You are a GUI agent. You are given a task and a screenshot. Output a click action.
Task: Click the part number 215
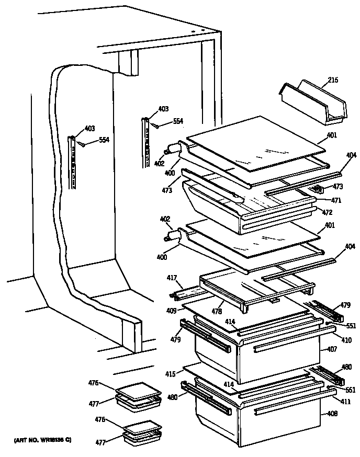[x=333, y=80]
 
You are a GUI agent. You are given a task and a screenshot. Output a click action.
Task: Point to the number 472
[x=327, y=213]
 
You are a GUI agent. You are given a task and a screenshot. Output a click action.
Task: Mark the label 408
[x=332, y=414]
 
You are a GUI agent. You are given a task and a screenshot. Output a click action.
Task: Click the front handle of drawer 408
[x=285, y=408]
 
